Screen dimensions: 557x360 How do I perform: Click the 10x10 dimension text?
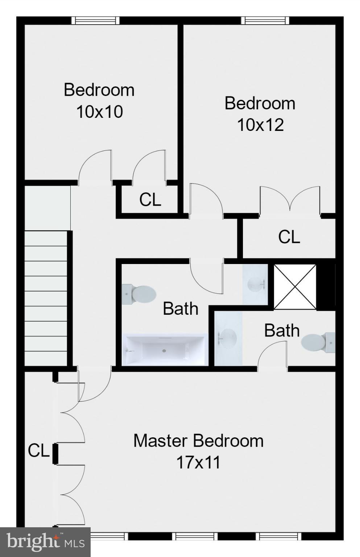pos(99,112)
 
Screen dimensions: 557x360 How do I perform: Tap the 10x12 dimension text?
pos(260,125)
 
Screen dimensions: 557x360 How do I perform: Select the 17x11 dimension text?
pos(198,463)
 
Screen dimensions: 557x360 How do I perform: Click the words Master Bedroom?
pos(198,441)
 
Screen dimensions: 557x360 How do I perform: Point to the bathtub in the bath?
pos(165,350)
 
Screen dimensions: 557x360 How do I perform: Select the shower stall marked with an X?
pos(295,287)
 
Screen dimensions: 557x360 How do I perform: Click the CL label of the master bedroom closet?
pos(38,451)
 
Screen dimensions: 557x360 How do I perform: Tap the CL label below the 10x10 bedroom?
pos(150,199)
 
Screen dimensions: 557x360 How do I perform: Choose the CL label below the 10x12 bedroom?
pos(289,237)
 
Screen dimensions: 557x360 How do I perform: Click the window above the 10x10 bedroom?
pos(95,20)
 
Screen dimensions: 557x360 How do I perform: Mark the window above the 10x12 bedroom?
pos(265,20)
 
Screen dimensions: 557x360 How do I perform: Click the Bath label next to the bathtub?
pos(181,309)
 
